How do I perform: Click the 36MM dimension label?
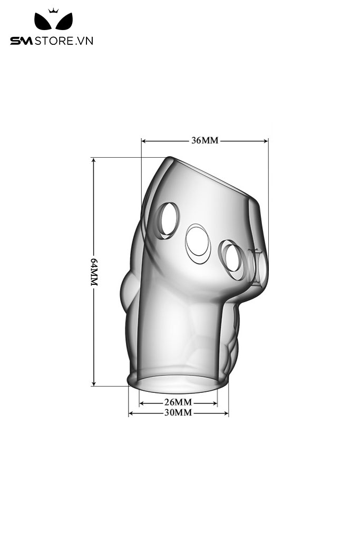[205, 140]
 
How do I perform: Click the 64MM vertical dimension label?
[94, 272]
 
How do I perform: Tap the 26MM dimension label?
[178, 402]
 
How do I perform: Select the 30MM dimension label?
[178, 412]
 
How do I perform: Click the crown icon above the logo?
[53, 11]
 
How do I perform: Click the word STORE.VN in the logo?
[64, 41]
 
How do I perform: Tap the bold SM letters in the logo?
[21, 41]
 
